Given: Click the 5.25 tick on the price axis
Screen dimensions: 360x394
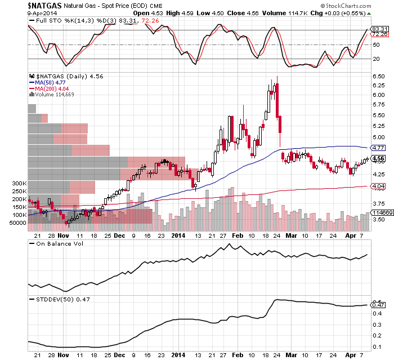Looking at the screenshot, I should click(378, 126).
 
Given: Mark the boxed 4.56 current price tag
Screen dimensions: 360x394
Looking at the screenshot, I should click(378, 158).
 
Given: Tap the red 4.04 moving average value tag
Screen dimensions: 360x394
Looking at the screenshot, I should click(378, 186).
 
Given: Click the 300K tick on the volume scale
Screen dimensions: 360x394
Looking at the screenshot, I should click(19, 184).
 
